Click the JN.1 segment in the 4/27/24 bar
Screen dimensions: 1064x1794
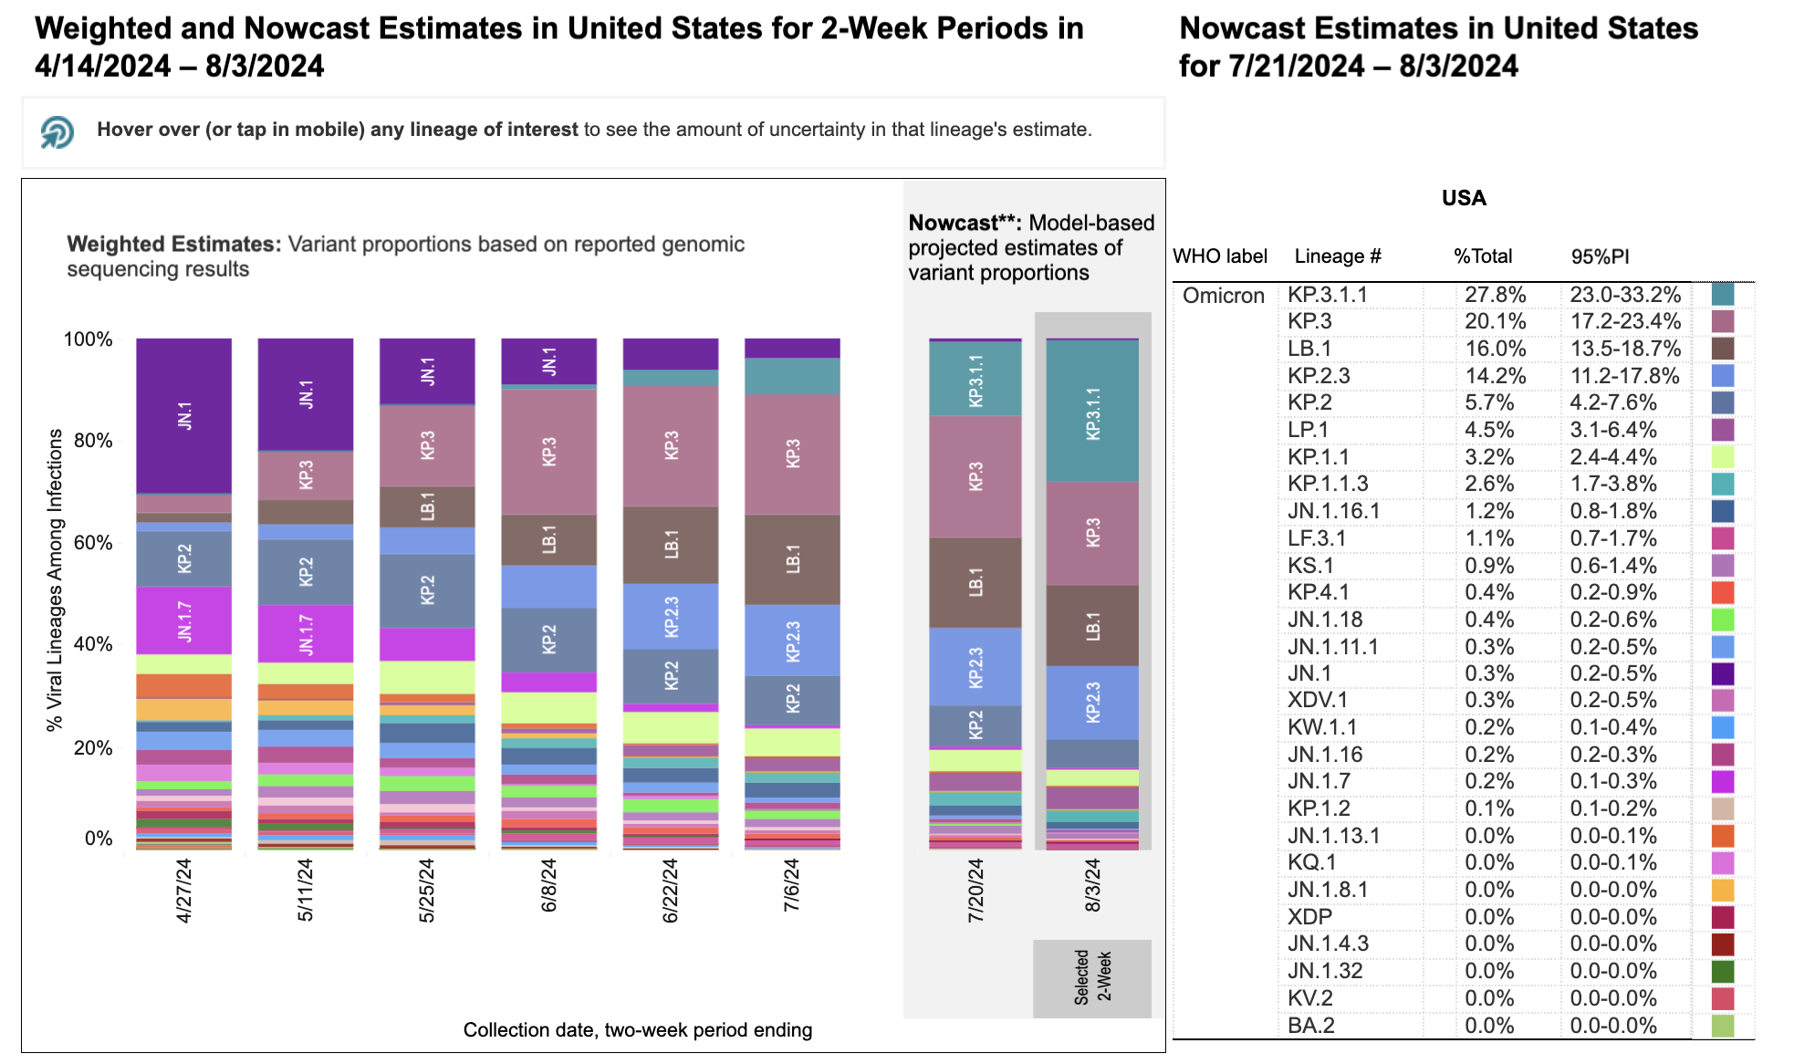[183, 415]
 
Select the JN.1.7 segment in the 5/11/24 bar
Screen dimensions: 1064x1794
[306, 633]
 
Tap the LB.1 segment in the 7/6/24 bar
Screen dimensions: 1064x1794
[792, 558]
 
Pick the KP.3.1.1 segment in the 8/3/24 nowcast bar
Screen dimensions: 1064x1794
[1092, 411]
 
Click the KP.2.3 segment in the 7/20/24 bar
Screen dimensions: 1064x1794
[975, 666]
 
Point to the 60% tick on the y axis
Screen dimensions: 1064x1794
[92, 543]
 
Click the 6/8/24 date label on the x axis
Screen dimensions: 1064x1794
[548, 885]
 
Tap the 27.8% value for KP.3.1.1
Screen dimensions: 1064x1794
[1495, 295]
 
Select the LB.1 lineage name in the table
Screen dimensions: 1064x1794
[1309, 349]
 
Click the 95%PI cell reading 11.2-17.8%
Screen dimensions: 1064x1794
[1624, 376]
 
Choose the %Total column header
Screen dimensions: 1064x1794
[1482, 256]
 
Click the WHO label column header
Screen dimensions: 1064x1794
[1219, 256]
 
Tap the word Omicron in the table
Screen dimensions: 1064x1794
[1223, 296]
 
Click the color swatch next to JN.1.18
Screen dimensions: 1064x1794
[1723, 620]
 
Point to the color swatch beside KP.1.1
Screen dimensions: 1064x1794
[1723, 457]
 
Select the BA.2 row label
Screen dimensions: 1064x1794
[1310, 1026]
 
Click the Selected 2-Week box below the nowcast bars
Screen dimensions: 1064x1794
[1092, 978]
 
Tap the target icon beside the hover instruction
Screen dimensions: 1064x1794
[57, 131]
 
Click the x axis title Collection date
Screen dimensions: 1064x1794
[637, 1030]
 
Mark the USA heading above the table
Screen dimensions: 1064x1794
[1464, 198]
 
